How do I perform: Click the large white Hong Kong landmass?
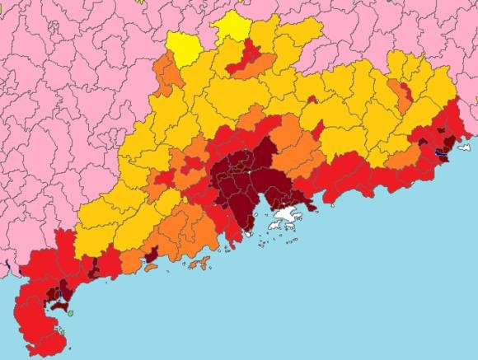286,217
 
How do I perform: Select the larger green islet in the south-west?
70,312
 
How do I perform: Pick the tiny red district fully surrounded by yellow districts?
312,100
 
